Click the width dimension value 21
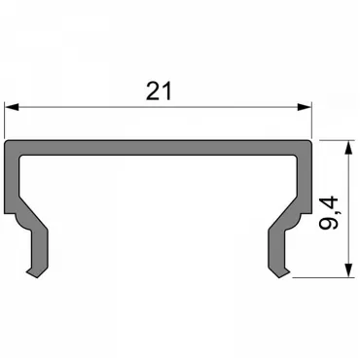159,90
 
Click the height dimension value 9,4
329,213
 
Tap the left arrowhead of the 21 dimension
12,107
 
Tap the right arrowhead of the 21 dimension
305,107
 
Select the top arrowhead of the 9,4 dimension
348,148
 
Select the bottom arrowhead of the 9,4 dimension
348,270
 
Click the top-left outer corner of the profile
5,141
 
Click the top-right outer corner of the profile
310,141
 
